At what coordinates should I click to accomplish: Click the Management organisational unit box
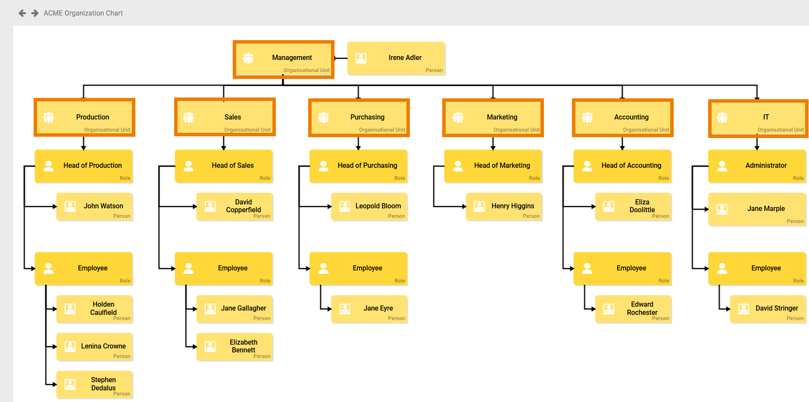coord(283,59)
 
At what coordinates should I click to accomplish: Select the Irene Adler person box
coord(396,59)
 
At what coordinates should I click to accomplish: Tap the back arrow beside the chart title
coord(22,13)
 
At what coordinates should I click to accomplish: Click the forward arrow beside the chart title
coord(35,13)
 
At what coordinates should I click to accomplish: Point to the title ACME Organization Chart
coord(83,13)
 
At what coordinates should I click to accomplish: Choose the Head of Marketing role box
coord(493,166)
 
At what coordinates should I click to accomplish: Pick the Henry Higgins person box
coord(504,207)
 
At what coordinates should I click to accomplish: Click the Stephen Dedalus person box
coord(94,384)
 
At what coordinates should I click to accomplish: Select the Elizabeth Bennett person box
coord(234,346)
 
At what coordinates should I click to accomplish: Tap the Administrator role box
coord(757,166)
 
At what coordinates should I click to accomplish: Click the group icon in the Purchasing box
coord(323,117)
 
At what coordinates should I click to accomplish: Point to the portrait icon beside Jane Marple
coord(722,209)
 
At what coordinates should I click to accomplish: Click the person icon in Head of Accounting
coord(587,166)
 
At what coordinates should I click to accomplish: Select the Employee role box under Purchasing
coord(358,268)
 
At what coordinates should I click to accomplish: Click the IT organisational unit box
coord(758,118)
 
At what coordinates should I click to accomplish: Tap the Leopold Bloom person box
coord(369,207)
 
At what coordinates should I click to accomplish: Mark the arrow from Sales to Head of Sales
coord(224,143)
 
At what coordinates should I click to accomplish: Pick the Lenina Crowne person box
coord(94,347)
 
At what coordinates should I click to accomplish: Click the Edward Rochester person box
coord(633,309)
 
